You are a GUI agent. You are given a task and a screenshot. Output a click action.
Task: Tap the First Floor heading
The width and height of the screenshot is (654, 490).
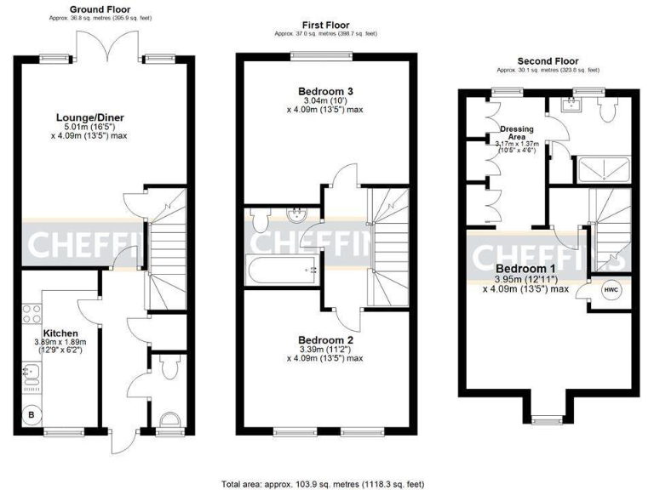point(324,26)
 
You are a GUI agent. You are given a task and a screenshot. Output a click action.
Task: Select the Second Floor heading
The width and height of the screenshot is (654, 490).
point(548,61)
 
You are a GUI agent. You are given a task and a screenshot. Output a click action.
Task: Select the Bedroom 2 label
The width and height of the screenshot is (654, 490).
point(324,339)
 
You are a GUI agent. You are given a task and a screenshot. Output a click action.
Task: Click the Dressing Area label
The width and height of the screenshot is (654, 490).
point(516,134)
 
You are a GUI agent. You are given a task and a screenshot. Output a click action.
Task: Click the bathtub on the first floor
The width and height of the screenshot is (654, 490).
point(282,270)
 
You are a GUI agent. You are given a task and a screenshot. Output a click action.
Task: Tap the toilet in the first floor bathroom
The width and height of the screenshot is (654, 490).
point(261,219)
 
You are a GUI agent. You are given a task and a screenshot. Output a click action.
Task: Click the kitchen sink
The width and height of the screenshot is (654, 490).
point(31,373)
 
